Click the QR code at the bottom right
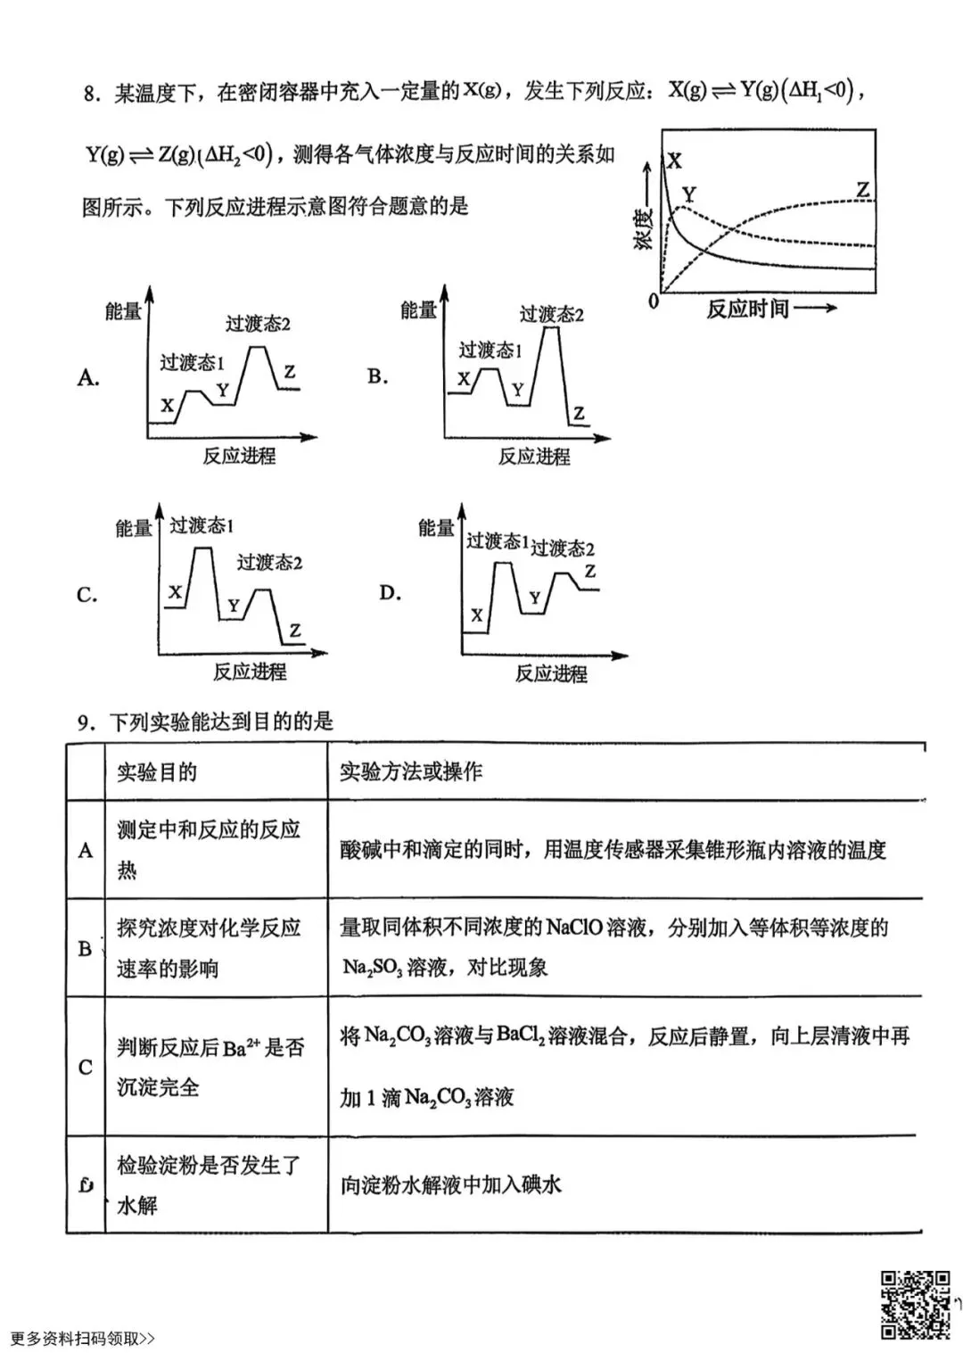coord(915,1304)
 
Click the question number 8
coord(90,94)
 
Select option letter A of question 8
coord(87,377)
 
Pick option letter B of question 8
coord(377,376)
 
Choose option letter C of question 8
coord(86,595)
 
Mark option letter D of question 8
coord(390,593)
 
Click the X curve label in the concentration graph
coord(675,161)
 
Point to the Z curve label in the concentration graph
coord(862,190)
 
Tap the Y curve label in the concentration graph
coord(688,194)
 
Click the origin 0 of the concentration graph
coord(654,301)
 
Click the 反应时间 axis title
coord(747,309)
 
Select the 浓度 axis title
coord(644,227)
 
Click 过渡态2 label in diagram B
coord(551,314)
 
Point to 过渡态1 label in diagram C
coord(202,525)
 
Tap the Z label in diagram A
coord(289,372)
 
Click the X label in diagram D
coord(477,615)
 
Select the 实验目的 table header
coord(157,772)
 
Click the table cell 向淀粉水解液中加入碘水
coord(451,1185)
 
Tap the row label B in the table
coord(86,948)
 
